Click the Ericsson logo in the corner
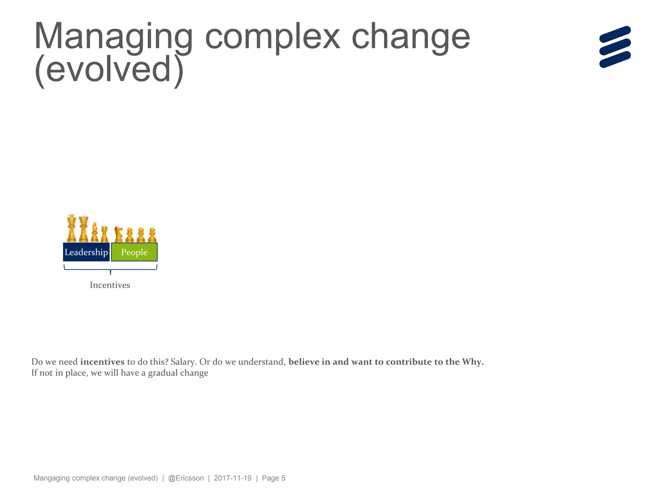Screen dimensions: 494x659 coord(615,47)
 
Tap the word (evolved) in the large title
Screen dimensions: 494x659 coord(109,69)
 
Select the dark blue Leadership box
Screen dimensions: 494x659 coord(86,252)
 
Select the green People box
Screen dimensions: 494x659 coord(134,252)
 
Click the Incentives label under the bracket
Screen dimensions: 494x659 coord(110,285)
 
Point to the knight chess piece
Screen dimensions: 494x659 coord(118,234)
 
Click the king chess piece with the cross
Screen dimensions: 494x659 coord(71,228)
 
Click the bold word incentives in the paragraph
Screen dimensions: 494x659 coord(102,362)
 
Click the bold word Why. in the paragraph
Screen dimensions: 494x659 coord(473,362)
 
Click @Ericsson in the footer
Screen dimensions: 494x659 coord(186,478)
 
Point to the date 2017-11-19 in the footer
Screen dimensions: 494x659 coord(232,478)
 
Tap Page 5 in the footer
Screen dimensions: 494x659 coord(274,478)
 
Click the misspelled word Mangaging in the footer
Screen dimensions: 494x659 coord(51,478)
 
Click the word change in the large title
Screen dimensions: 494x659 coord(411,37)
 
